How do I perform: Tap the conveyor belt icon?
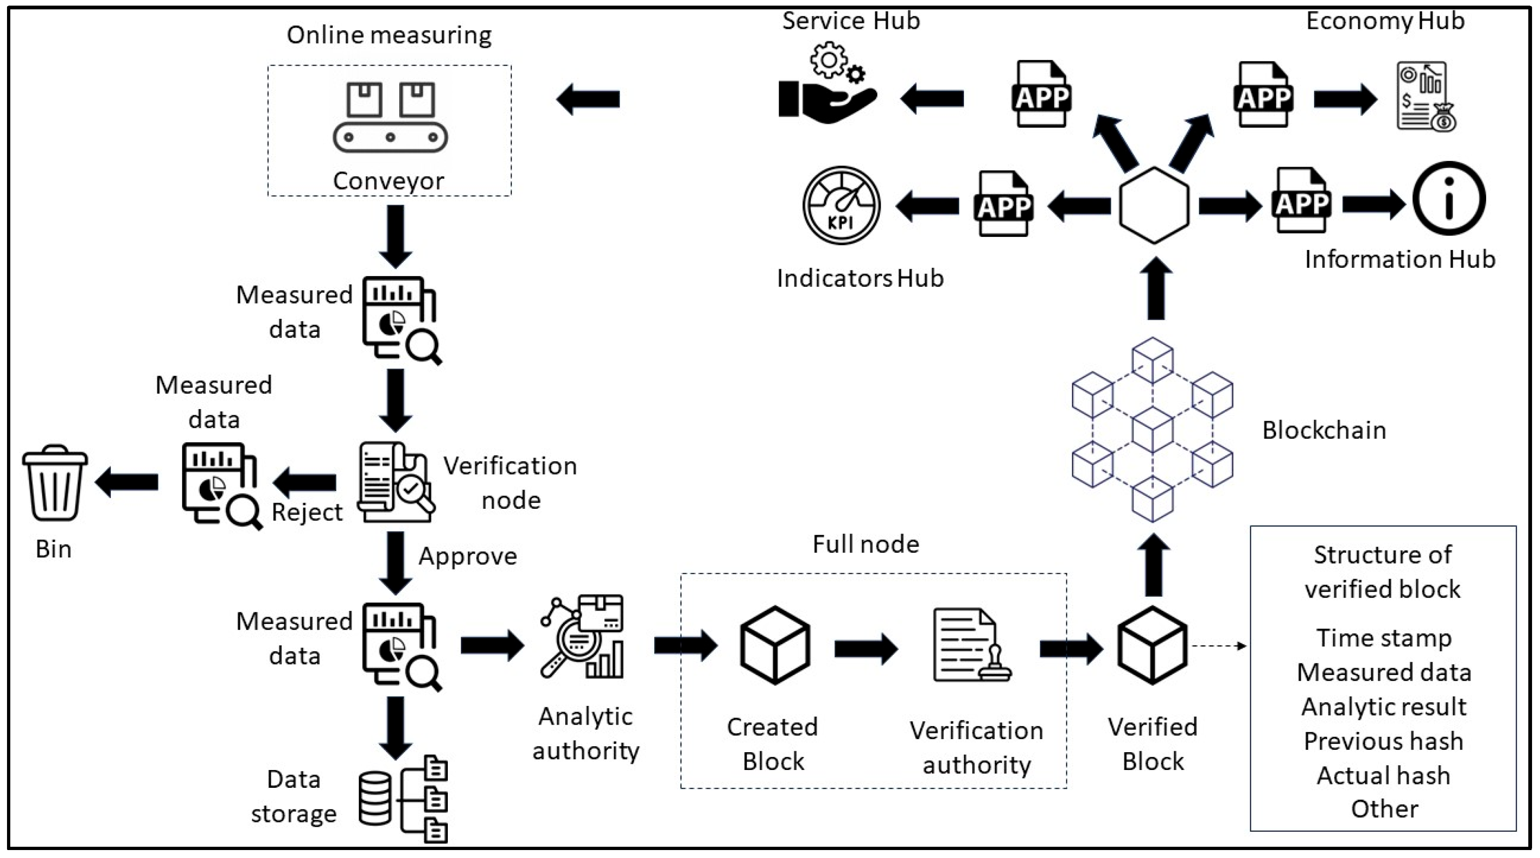pyautogui.click(x=390, y=117)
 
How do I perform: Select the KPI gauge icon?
pyautogui.click(x=841, y=205)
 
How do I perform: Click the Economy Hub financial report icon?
pyautogui.click(x=1426, y=96)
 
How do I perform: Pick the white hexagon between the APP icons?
pyautogui.click(x=1154, y=205)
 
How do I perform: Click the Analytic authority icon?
pyautogui.click(x=582, y=637)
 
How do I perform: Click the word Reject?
pyautogui.click(x=307, y=513)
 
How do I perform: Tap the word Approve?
pyautogui.click(x=467, y=557)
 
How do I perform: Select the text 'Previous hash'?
pyautogui.click(x=1383, y=741)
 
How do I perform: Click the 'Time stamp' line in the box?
pyautogui.click(x=1383, y=638)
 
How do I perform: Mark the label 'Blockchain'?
pyautogui.click(x=1324, y=431)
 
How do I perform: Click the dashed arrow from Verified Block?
pyautogui.click(x=1219, y=646)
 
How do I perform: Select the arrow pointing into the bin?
pyautogui.click(x=126, y=482)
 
